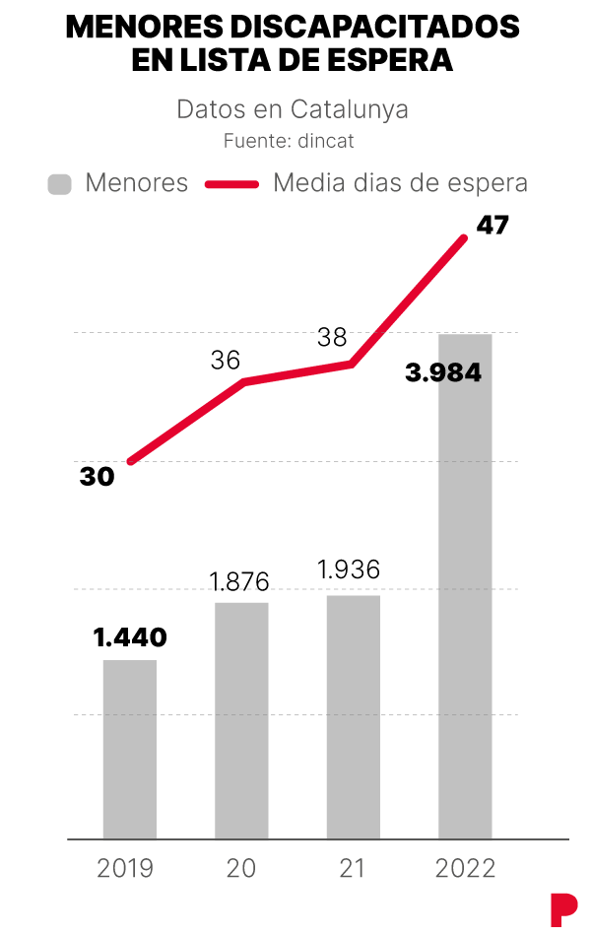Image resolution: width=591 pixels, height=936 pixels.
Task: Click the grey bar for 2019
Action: (x=130, y=749)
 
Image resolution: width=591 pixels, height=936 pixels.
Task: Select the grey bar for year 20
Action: (x=241, y=720)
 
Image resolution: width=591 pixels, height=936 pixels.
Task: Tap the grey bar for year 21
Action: (x=353, y=716)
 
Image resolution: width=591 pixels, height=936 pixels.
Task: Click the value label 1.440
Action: (x=131, y=637)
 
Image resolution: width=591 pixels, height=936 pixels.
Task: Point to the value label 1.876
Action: (x=240, y=581)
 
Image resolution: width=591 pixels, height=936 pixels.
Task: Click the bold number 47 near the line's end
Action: (x=492, y=226)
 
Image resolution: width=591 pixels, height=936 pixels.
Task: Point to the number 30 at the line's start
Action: (x=98, y=477)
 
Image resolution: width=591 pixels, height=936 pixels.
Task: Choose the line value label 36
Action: (x=226, y=361)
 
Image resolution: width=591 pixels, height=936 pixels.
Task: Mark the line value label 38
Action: (x=332, y=338)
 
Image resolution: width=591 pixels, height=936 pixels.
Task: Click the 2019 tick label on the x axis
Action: (x=126, y=869)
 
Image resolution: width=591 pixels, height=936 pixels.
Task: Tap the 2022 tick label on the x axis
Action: (x=465, y=869)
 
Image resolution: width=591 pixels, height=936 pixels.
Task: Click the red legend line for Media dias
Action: (x=231, y=184)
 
